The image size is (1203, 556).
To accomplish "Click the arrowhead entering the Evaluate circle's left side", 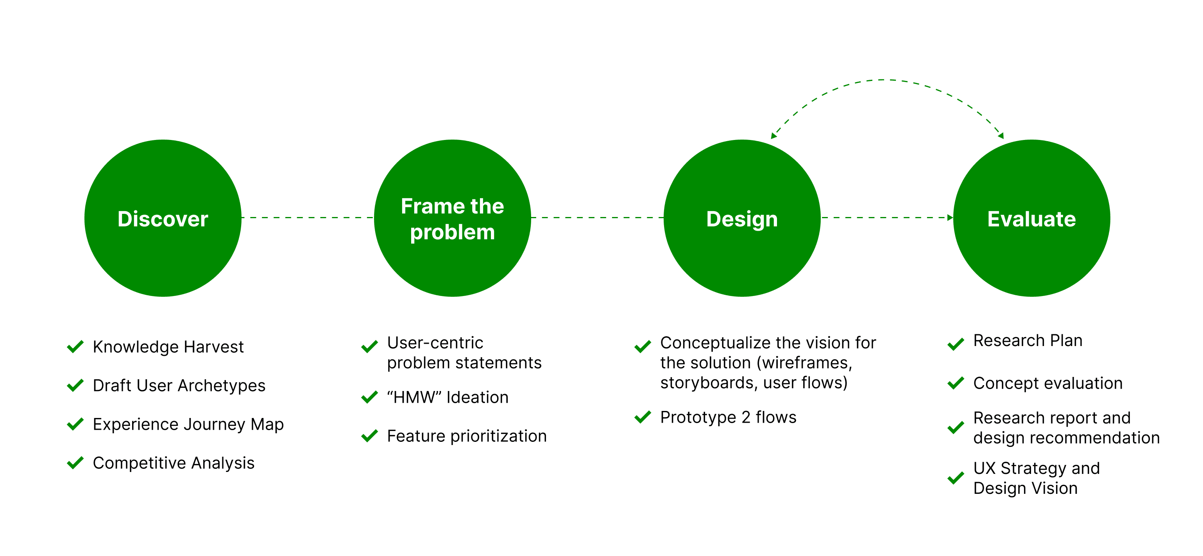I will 949,218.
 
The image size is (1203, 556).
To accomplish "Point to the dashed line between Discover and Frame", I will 307,218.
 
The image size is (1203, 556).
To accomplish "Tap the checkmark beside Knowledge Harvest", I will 75,347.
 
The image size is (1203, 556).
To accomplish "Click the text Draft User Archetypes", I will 179,386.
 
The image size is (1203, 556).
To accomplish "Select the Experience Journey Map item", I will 188,424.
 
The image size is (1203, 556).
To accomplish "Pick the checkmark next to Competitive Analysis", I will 75,463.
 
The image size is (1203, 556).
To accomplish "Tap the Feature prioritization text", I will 467,436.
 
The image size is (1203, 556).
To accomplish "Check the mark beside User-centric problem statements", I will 369,347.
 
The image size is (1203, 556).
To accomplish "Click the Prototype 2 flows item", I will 728,417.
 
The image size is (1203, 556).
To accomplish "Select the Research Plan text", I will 1028,341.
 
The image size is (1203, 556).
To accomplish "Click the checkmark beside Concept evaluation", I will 956,383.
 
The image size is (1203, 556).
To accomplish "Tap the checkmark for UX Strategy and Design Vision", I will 956,478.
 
